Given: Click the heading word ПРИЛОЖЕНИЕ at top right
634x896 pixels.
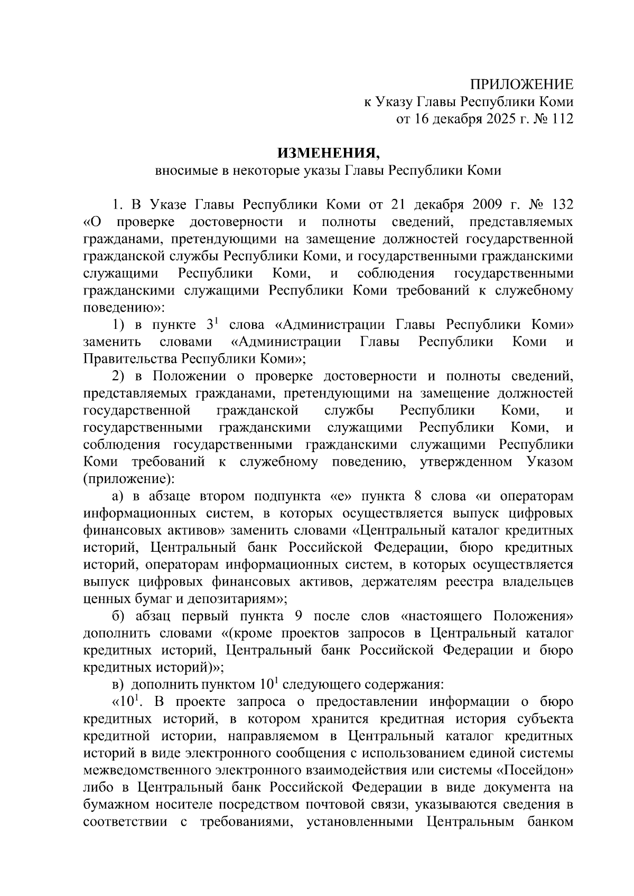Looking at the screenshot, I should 522,85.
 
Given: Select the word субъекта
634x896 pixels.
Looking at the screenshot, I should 543,719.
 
